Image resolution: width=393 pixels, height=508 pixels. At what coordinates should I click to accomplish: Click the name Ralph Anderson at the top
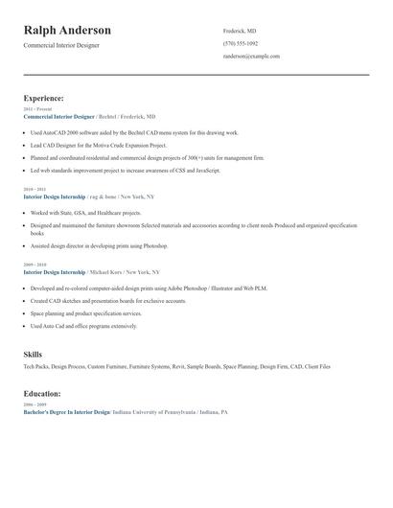(67, 31)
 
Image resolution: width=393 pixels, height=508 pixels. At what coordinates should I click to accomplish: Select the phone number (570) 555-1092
(240, 43)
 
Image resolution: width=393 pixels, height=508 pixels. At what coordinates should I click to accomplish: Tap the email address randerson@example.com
(250, 57)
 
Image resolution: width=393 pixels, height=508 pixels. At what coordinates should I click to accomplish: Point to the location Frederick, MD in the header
(240, 31)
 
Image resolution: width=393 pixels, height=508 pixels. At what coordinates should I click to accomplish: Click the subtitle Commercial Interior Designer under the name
(60, 45)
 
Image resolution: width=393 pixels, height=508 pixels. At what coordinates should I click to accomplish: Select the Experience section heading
(44, 98)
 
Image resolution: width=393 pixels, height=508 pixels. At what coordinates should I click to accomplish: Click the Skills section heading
(33, 355)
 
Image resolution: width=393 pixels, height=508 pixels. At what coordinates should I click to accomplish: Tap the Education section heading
(43, 394)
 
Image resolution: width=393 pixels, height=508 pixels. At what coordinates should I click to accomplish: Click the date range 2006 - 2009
(35, 404)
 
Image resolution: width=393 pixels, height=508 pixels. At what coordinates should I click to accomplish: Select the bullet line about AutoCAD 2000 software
(134, 132)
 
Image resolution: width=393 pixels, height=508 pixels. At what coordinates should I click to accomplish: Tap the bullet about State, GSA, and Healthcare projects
(86, 213)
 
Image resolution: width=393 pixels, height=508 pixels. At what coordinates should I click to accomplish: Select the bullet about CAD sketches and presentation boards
(108, 301)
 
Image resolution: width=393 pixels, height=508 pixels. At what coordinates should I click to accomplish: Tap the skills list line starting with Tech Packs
(176, 366)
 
